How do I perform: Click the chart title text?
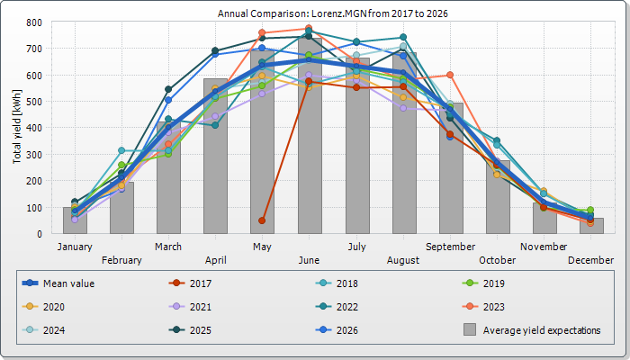[333, 13]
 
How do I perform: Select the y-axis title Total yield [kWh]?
[17, 127]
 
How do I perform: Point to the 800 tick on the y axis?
[34, 22]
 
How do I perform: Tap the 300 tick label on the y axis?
[34, 155]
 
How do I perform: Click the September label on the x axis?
[450, 247]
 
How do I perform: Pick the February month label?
[121, 260]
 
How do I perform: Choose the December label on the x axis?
[590, 260]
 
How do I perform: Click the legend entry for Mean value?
[58, 283]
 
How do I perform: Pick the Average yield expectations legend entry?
[532, 330]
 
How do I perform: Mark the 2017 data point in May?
[262, 220]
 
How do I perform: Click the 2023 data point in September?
[450, 75]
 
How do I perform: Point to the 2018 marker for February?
[121, 150]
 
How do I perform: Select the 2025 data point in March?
[168, 89]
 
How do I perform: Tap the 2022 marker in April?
[215, 125]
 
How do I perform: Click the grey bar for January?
[75, 220]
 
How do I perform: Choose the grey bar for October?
[498, 197]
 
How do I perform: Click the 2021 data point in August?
[403, 109]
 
